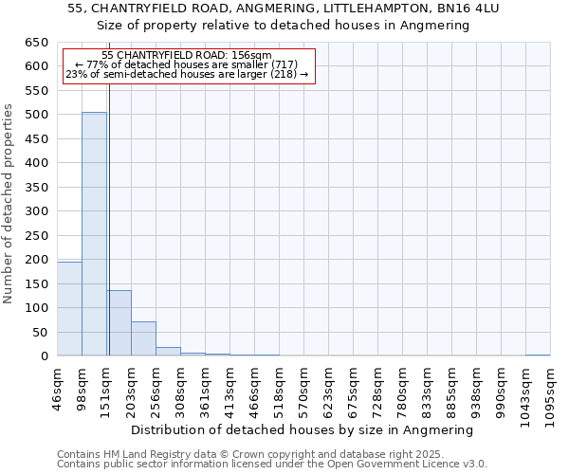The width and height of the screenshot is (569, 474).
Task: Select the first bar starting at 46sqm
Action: (69, 309)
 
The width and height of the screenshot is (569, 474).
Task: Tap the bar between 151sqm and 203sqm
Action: (119, 323)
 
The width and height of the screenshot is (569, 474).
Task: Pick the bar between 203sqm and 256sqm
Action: (143, 338)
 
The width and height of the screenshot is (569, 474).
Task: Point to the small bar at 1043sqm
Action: (538, 355)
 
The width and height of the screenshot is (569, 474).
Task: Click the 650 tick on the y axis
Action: (37, 43)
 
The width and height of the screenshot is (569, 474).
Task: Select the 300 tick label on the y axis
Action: (37, 211)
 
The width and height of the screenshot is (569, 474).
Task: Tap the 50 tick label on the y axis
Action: (41, 333)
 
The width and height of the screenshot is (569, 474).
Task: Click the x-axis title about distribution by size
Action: (302, 429)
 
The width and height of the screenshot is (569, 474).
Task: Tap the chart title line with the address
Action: (284, 9)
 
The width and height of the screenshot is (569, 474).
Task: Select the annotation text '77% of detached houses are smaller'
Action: (186, 64)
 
